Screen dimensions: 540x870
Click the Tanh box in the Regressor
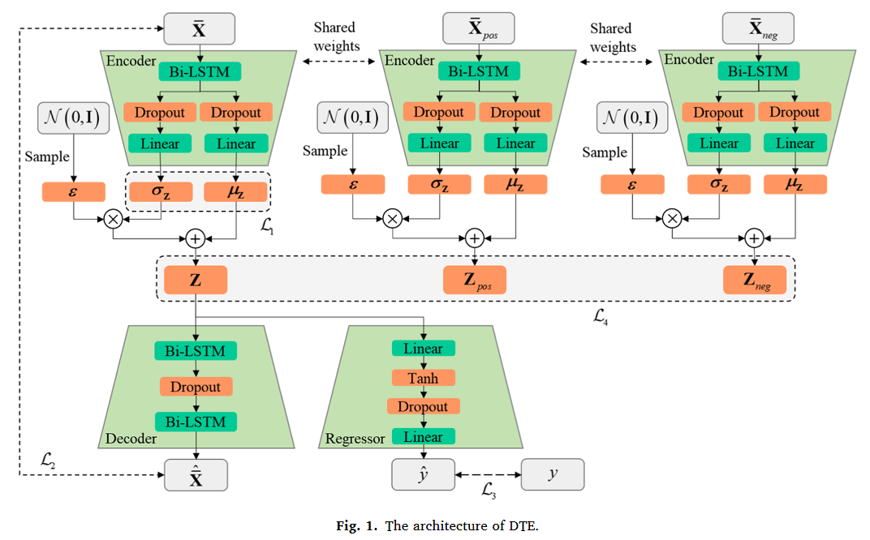pyautogui.click(x=423, y=378)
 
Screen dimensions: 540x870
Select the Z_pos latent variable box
pyautogui.click(x=474, y=281)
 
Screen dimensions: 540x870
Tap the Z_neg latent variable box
pyautogui.click(x=754, y=281)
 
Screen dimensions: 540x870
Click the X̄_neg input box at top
pyautogui.click(x=757, y=29)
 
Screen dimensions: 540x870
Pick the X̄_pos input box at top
pyautogui.click(x=478, y=29)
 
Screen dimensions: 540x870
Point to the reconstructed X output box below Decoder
pyautogui.click(x=196, y=475)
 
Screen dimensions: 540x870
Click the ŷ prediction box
pyautogui.click(x=423, y=475)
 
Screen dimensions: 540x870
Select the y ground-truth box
pyautogui.click(x=552, y=475)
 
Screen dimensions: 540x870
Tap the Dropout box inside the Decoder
pyautogui.click(x=196, y=387)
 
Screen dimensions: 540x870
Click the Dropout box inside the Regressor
pyautogui.click(x=423, y=407)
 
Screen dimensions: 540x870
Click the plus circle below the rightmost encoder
pyautogui.click(x=754, y=238)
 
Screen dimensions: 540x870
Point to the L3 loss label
pyautogui.click(x=489, y=490)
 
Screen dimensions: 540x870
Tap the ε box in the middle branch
pyautogui.click(x=352, y=185)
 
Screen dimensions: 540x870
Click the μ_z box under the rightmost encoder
pyautogui.click(x=795, y=185)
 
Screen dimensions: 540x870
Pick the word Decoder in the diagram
pyautogui.click(x=131, y=439)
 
